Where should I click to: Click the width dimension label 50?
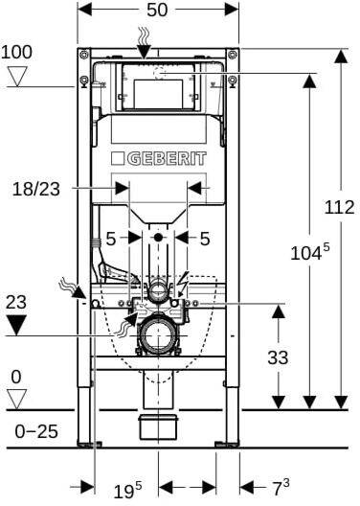157,10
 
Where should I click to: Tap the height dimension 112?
339,207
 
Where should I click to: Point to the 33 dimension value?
278,357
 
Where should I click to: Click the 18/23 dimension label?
36,189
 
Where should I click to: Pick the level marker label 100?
16,53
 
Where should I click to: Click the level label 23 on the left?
16,303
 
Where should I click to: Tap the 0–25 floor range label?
36,431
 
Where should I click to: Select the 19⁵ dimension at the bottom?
127,491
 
